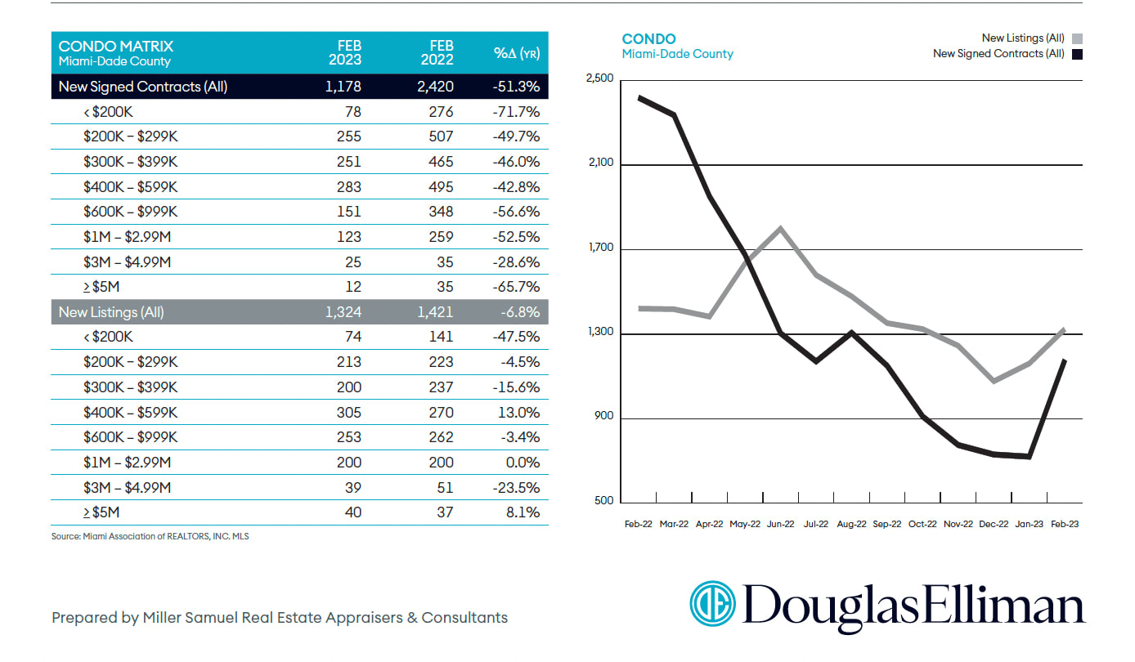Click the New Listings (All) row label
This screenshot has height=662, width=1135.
[110, 312]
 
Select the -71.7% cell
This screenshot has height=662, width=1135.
[518, 112]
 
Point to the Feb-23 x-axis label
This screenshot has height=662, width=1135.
[1063, 525]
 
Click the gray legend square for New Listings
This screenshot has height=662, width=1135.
[1077, 38]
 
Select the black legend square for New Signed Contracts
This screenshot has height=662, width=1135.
[1077, 54]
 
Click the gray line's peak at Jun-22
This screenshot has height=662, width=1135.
[781, 228]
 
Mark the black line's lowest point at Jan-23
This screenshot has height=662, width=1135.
[1029, 456]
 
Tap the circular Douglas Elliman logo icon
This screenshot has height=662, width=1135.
[713, 606]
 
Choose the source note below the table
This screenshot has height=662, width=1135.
[150, 537]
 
